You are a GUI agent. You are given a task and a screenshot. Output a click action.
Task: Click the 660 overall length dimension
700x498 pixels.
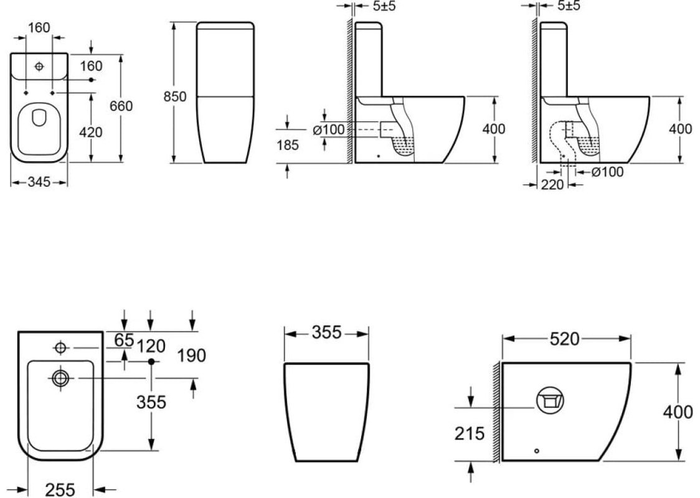click(121, 106)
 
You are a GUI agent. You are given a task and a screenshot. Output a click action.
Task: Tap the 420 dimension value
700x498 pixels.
click(91, 132)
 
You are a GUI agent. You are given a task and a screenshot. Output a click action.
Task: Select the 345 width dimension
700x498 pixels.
click(39, 182)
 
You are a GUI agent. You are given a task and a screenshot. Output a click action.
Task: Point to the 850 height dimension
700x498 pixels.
click(174, 96)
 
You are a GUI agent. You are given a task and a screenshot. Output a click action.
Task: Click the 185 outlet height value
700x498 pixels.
click(287, 145)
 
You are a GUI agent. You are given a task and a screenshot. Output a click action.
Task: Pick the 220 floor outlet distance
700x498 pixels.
click(552, 184)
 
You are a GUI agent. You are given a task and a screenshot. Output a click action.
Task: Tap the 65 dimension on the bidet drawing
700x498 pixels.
click(124, 340)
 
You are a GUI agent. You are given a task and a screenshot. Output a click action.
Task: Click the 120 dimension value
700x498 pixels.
click(151, 346)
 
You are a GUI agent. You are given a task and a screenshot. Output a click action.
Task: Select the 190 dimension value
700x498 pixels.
click(192, 355)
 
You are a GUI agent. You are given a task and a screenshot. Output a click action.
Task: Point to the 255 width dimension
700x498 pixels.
click(60, 490)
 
